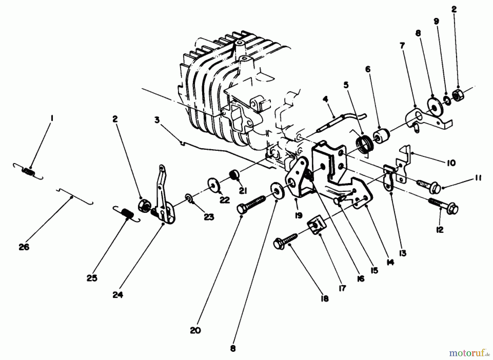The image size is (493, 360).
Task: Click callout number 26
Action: click(x=24, y=247)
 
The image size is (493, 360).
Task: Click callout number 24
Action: click(x=118, y=295)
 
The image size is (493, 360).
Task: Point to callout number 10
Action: click(x=451, y=163)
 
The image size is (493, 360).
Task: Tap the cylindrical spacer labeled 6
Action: click(x=381, y=136)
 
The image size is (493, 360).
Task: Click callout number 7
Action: click(x=402, y=46)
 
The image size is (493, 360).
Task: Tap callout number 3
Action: click(x=157, y=120)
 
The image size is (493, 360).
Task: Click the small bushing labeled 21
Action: click(x=234, y=174)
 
